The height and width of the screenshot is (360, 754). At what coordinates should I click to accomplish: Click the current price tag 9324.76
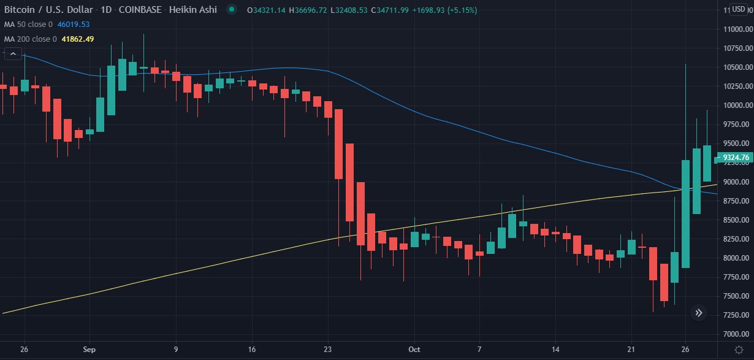click(x=735, y=158)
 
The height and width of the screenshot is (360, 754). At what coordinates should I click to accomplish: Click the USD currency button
click(x=738, y=9)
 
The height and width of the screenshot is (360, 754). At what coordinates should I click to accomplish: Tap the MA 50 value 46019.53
click(x=73, y=25)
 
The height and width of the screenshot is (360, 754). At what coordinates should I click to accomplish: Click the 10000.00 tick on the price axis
click(x=736, y=105)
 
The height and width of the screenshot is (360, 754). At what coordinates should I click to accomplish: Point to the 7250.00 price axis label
click(x=736, y=315)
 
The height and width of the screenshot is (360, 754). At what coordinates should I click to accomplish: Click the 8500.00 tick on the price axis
click(x=736, y=220)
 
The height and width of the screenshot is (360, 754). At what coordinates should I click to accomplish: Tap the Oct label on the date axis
click(x=414, y=350)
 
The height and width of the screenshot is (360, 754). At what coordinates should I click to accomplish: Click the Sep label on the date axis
click(x=89, y=350)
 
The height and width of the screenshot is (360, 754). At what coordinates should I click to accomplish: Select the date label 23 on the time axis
click(x=327, y=350)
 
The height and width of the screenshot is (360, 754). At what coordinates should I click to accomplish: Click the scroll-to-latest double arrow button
click(x=699, y=313)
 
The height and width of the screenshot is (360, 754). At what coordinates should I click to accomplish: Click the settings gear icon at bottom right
click(x=739, y=350)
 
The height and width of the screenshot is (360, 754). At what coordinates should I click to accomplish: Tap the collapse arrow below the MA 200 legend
click(x=12, y=54)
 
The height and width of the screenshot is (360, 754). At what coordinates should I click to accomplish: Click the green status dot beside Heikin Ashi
click(x=231, y=10)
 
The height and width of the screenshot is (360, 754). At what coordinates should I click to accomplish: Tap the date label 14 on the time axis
click(x=555, y=350)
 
